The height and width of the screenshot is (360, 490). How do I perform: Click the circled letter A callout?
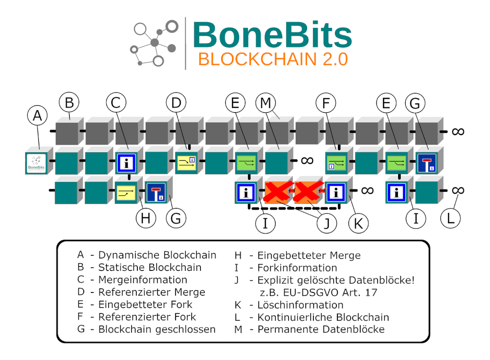pos(37,116)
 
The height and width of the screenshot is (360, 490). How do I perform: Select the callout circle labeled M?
pos(266,103)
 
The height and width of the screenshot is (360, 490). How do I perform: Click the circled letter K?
pos(358,223)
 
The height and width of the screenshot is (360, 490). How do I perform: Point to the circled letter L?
pos(450,218)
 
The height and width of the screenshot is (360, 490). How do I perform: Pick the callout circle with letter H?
pos(146,218)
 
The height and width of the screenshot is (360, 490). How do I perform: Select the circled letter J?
pos(327,223)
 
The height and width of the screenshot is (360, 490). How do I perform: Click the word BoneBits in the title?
pos(272,35)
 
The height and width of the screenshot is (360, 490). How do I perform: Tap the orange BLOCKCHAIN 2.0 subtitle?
pos(273,59)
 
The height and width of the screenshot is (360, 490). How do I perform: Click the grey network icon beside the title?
pos(154,43)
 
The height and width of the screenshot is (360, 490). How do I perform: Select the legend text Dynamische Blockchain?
pos(157,255)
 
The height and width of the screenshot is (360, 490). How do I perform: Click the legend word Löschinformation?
pos(300,305)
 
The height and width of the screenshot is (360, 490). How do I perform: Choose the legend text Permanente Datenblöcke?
pos(321,329)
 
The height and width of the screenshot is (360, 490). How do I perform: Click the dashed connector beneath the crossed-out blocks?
pos(294,207)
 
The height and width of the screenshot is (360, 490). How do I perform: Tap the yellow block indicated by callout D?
pos(187,163)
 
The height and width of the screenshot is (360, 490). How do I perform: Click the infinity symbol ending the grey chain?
pos(458,132)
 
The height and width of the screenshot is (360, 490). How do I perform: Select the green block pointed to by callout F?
pos(336,163)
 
